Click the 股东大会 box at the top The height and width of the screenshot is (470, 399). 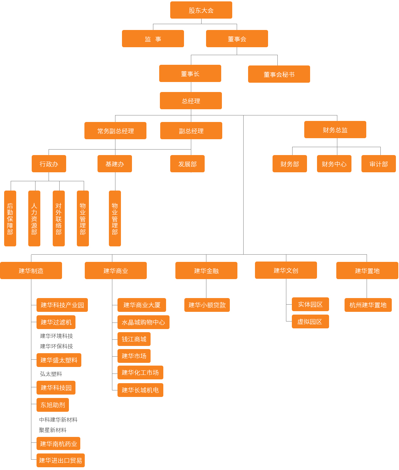(201, 10)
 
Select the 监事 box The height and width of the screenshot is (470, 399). (153, 39)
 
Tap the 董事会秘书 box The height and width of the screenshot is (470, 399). (279, 74)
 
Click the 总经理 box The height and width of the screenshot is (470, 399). (191, 101)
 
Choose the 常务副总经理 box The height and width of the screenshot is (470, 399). (115, 131)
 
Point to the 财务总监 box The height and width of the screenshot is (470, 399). (335, 130)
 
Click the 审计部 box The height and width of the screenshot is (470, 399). (378, 164)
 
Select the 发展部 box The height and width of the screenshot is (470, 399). (187, 164)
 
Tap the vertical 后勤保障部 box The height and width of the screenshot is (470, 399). (10, 218)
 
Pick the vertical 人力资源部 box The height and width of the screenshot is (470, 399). (34, 218)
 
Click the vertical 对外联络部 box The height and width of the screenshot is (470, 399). (59, 218)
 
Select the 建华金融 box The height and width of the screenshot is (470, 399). (206, 270)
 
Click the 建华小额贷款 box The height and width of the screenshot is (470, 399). (207, 305)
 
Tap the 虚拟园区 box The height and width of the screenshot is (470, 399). (310, 321)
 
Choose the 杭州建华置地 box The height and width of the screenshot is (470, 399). (368, 305)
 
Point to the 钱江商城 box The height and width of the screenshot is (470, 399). (134, 339)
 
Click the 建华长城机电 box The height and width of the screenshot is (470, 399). (140, 390)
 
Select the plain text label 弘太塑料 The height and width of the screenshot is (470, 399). (51, 374)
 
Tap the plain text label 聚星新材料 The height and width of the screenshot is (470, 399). (53, 430)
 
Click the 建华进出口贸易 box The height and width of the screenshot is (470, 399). (60, 460)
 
